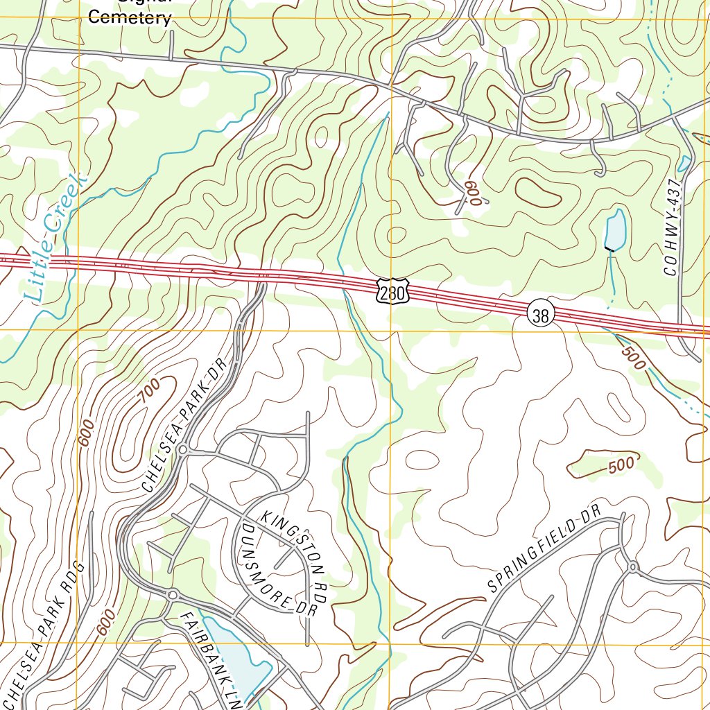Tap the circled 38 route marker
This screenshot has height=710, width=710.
[x=541, y=315]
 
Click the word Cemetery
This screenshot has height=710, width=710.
[x=130, y=18]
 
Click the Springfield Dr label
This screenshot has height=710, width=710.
[x=543, y=551]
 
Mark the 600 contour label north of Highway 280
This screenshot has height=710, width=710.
[x=473, y=191]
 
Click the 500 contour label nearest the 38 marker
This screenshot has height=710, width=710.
[x=632, y=357]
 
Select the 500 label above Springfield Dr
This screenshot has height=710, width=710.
[x=621, y=465]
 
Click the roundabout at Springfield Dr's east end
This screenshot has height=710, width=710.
[x=633, y=567]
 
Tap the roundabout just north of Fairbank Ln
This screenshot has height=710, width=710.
[x=172, y=594]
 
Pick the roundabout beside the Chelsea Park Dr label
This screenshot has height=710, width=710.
[x=182, y=451]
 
